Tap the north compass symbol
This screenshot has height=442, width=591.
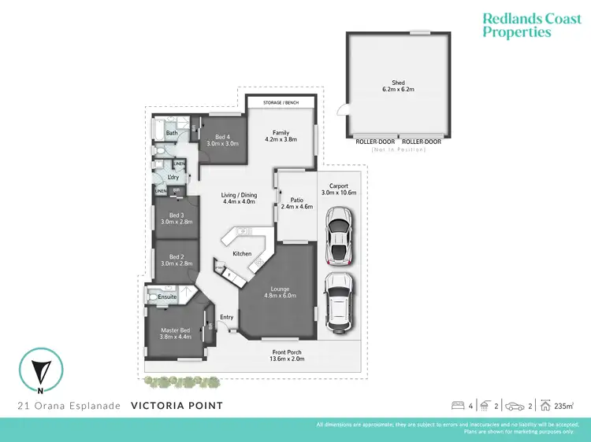(x=39, y=369)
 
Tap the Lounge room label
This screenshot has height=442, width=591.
(x=280, y=289)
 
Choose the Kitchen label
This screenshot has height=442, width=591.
(x=242, y=254)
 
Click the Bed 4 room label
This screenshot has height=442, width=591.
(x=223, y=136)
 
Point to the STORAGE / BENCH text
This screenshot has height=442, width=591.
(x=281, y=102)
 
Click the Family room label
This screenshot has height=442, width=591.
(x=281, y=133)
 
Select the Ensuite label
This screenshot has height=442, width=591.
(x=167, y=297)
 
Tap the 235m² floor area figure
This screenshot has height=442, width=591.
(x=563, y=407)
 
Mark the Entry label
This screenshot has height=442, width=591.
(x=227, y=317)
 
